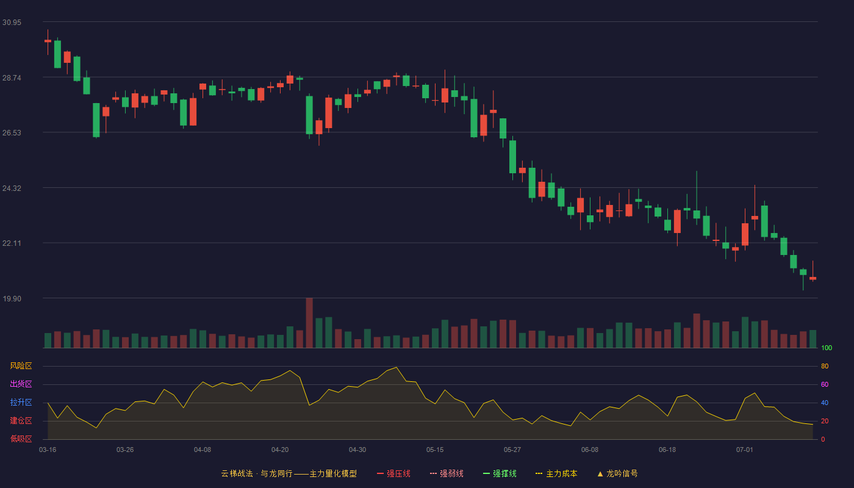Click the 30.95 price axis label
click(x=12, y=23)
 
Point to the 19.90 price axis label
click(x=12, y=298)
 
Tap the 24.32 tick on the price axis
click(x=12, y=188)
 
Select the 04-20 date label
click(x=280, y=450)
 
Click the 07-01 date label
click(x=745, y=450)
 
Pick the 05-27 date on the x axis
click(x=512, y=450)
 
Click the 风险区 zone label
click(x=21, y=366)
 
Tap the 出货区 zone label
click(x=21, y=384)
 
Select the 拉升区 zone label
click(x=21, y=402)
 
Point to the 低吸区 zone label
click(x=21, y=439)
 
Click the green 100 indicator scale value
click(x=827, y=348)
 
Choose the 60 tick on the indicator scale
click(x=825, y=384)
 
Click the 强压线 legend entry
click(x=393, y=473)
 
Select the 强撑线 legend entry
click(x=500, y=473)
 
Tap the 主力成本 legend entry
click(x=556, y=473)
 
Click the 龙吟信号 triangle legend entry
click(x=617, y=473)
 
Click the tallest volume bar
click(x=309, y=323)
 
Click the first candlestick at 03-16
click(x=48, y=41)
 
